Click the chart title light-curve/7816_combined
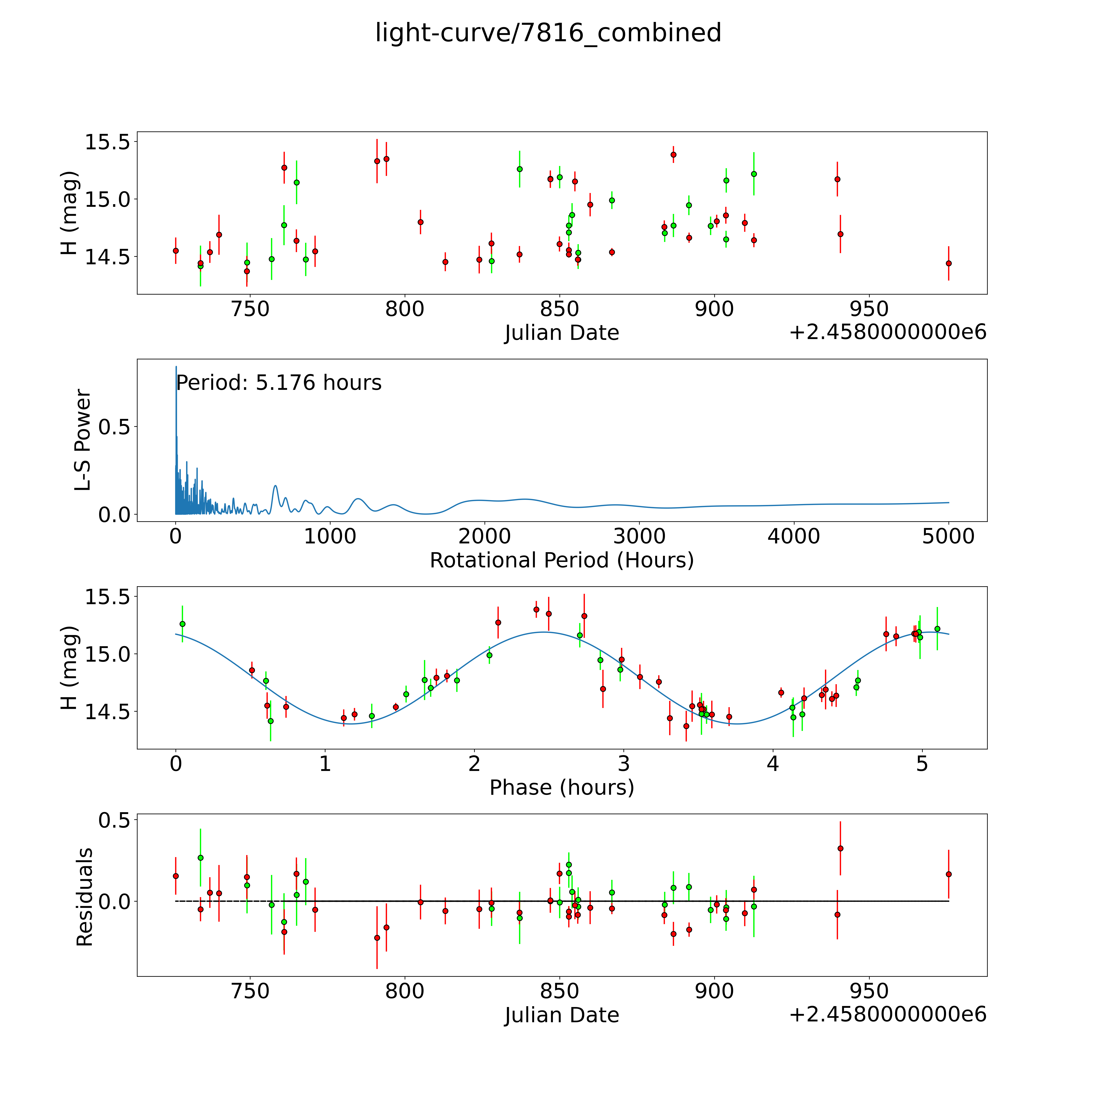[548, 33]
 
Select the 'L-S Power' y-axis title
[83, 440]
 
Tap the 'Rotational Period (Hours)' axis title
[562, 560]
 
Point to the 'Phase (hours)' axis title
[562, 788]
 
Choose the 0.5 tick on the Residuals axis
[114, 820]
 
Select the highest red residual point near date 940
[840, 848]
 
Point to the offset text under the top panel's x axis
[888, 333]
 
